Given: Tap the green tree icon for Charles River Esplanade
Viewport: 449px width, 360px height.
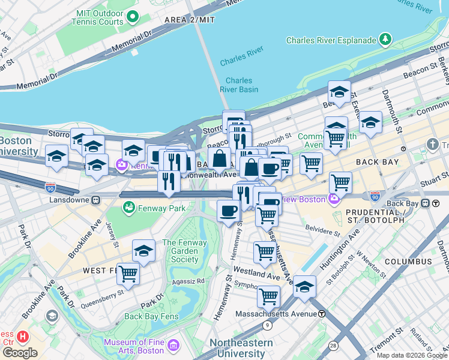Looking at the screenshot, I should point(385,40).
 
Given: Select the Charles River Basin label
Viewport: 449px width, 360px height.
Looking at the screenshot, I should point(239,85).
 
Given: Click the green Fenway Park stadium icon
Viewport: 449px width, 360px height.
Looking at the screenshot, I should point(128,208).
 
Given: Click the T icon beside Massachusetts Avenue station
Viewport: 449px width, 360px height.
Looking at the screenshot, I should point(322,314).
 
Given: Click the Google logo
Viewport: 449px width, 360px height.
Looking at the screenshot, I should point(20,353).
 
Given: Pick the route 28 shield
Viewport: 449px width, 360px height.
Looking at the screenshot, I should point(333,345).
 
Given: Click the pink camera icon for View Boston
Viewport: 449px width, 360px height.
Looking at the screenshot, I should point(334,199).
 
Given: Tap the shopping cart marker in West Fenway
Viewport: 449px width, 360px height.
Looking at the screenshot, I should point(128,273).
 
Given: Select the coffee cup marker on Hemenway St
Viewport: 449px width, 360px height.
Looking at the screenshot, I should point(228,211).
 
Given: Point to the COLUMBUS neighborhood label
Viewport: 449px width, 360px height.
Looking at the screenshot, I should point(408,262).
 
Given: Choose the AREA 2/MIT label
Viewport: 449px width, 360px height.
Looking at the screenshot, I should point(190,20).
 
